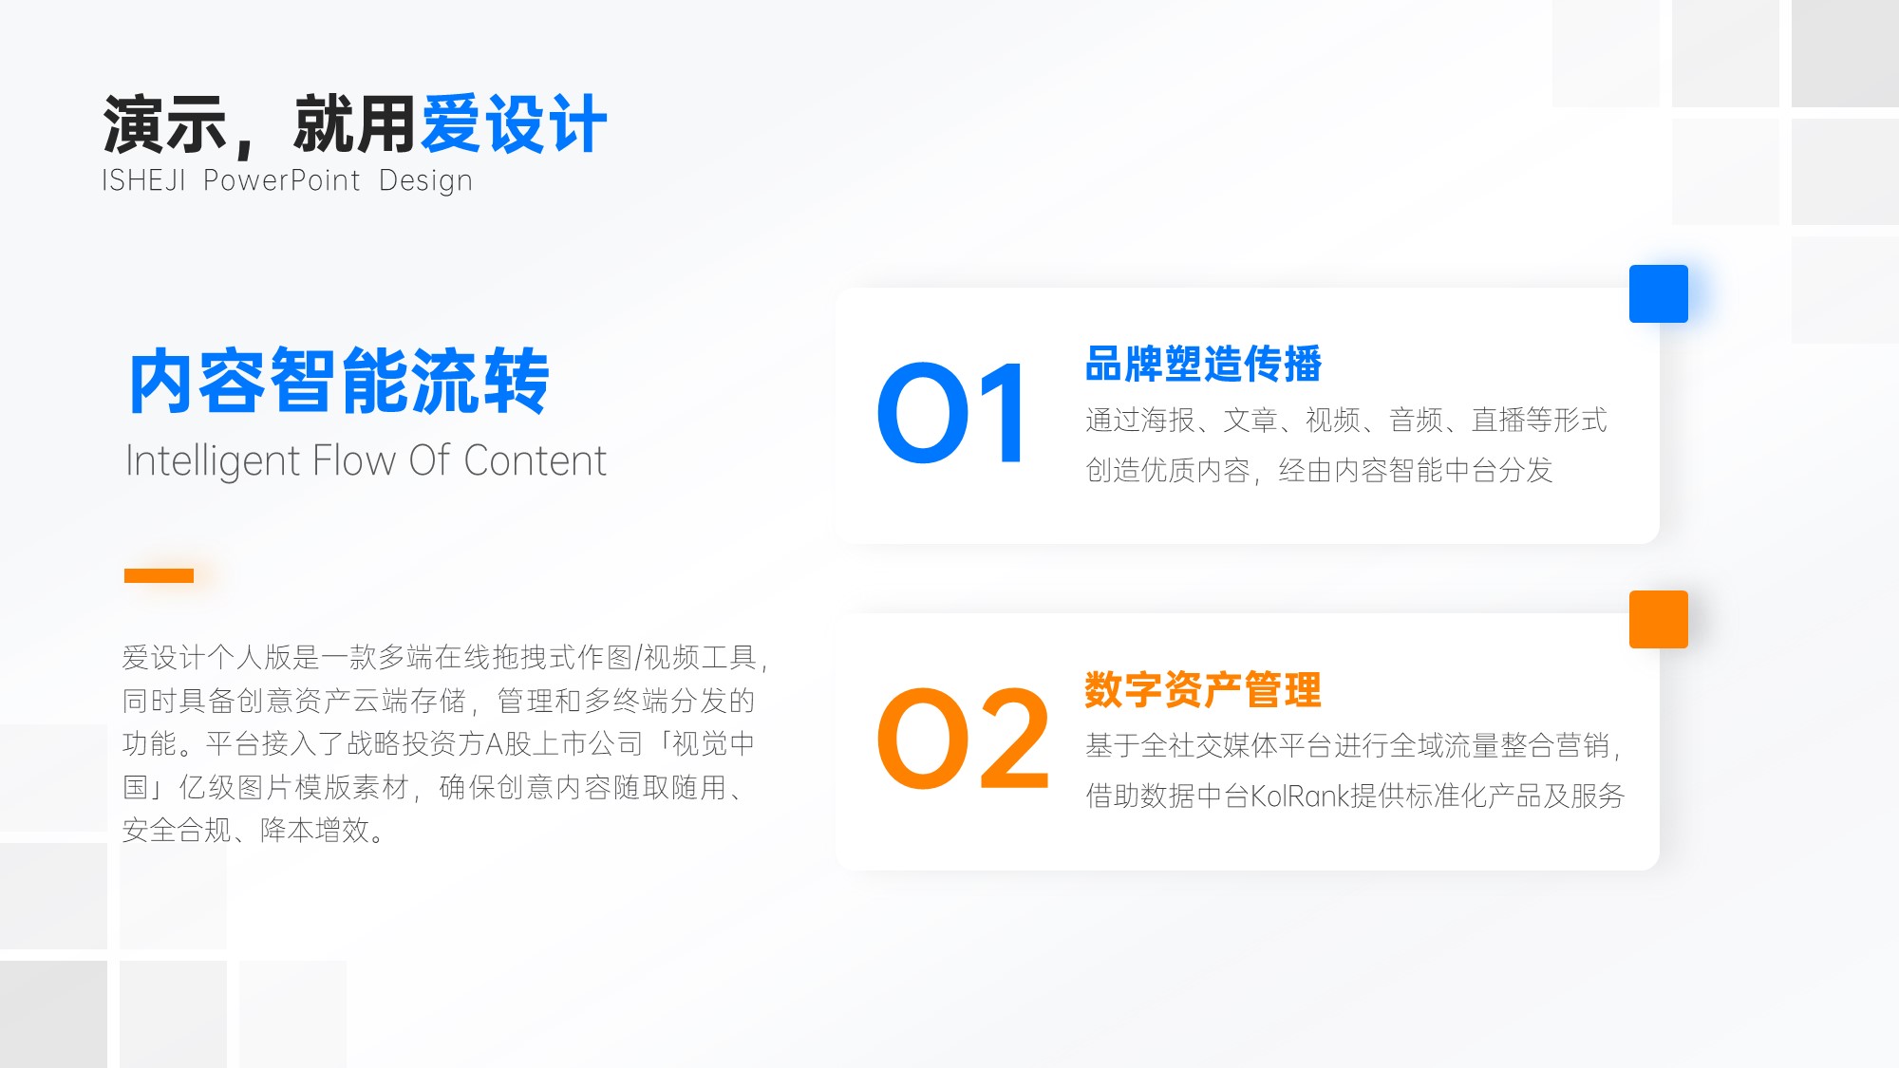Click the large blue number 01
950,413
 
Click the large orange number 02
963,739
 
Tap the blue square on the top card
1658,293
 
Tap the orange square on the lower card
1658,619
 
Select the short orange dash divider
159,575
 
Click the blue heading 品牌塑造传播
1203,364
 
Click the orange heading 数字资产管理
1203,689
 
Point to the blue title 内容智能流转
339,381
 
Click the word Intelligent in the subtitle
213,461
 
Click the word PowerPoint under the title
282,180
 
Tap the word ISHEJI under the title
143,180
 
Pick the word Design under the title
425,181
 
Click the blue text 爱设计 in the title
514,124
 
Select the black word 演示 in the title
164,124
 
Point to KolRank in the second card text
1300,796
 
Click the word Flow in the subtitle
353,461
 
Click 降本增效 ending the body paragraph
314,830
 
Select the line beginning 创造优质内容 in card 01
1319,470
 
